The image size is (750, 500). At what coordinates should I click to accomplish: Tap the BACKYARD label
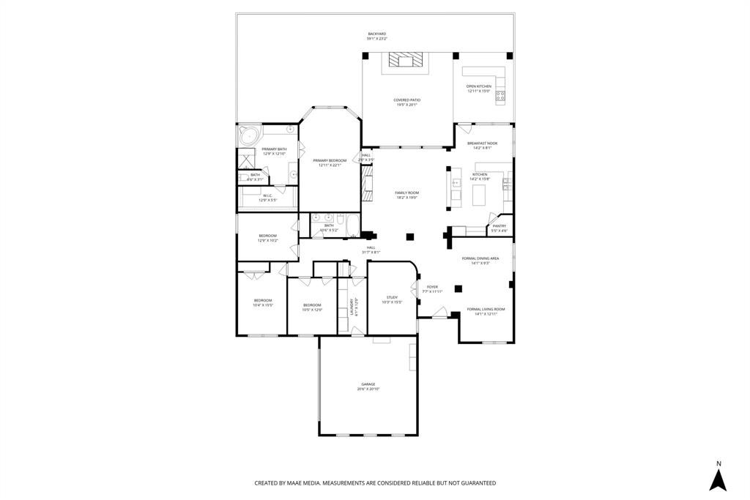(x=376, y=34)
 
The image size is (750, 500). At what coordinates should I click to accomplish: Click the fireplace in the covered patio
(x=405, y=60)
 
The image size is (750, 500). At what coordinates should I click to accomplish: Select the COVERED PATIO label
(x=406, y=100)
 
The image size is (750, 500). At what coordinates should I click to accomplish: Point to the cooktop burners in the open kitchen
(x=500, y=96)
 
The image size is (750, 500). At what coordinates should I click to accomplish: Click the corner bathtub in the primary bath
(x=250, y=136)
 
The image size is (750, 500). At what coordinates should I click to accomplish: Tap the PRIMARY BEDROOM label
(x=329, y=160)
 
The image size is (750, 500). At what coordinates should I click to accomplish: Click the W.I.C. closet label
(x=267, y=195)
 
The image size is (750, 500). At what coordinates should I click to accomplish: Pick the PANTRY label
(x=499, y=226)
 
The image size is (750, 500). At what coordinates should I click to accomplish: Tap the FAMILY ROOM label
(x=406, y=193)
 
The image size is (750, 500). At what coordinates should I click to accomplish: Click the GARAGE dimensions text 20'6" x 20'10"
(x=368, y=389)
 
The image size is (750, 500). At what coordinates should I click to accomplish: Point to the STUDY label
(x=392, y=297)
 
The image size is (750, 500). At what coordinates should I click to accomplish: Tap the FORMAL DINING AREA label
(x=480, y=258)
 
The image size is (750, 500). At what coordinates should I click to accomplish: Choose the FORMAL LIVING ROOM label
(x=486, y=309)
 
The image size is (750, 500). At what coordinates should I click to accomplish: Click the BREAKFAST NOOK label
(x=482, y=143)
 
